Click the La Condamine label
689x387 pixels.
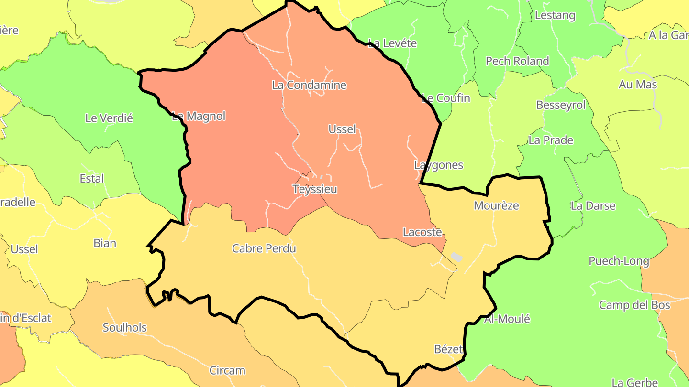(309, 85)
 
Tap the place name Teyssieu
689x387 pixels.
(315, 189)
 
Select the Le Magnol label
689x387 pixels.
(198, 116)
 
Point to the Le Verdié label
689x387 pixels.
(109, 118)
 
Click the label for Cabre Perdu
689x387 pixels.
(264, 248)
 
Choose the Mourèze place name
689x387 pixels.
(496, 205)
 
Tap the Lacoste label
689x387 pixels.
(422, 232)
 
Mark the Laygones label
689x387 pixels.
(438, 165)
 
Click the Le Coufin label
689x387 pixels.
(445, 98)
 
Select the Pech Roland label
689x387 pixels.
(517, 61)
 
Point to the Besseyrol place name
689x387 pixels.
(560, 105)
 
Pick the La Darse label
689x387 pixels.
(593, 206)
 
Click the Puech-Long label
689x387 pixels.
(619, 261)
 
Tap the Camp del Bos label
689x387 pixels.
(634, 305)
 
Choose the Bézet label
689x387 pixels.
(448, 349)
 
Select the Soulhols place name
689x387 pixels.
(124, 328)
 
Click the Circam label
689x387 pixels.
(227, 370)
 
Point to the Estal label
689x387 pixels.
(91, 179)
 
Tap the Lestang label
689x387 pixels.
(555, 15)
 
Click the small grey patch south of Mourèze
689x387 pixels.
(456, 257)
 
